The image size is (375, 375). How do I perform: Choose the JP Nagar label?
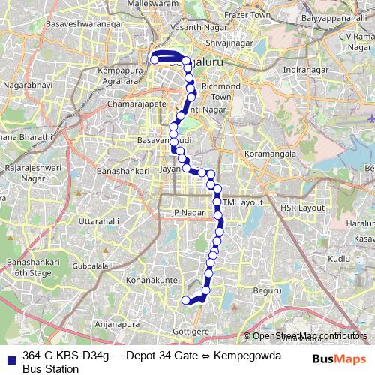click(x=188, y=213)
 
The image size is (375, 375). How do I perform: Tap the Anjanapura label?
click(x=119, y=324)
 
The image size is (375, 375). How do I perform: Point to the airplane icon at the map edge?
click(x=371, y=118)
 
